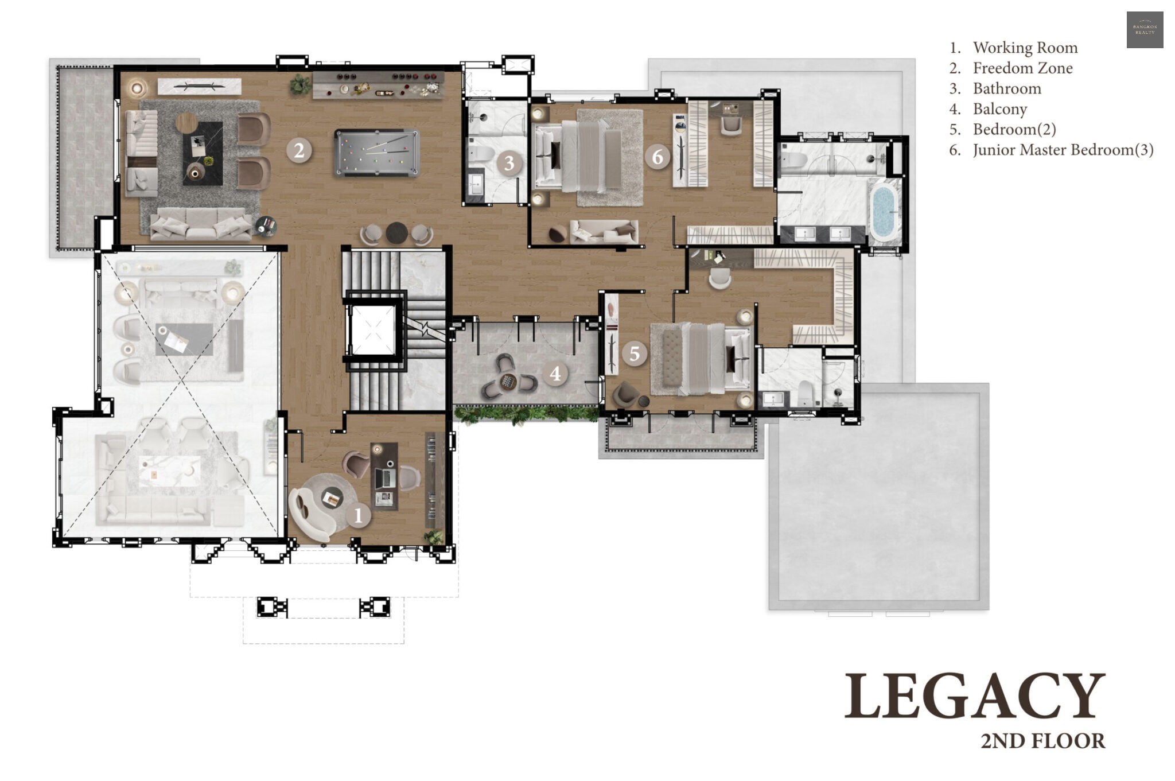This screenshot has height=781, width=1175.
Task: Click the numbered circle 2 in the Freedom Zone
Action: [299, 150]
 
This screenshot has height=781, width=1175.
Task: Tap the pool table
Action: [377, 153]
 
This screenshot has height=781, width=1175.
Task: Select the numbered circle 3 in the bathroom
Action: [509, 163]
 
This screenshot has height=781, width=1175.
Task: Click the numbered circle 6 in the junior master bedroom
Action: [657, 156]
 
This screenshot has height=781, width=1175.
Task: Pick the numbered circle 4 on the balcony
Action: [555, 374]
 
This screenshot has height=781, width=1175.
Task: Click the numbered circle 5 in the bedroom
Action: [634, 353]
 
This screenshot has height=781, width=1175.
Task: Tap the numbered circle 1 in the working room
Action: [359, 515]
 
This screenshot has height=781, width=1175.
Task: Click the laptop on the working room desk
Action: [384, 477]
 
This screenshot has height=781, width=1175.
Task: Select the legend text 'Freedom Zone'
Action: [1022, 68]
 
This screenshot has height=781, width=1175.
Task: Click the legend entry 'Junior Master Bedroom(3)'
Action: [1063, 150]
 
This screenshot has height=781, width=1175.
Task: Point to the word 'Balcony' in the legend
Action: [999, 109]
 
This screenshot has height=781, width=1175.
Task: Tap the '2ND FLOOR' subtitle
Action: [1042, 741]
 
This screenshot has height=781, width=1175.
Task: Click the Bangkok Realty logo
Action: [1145, 29]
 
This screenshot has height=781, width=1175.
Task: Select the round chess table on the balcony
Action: [507, 381]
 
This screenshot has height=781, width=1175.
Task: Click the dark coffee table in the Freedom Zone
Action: [203, 153]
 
